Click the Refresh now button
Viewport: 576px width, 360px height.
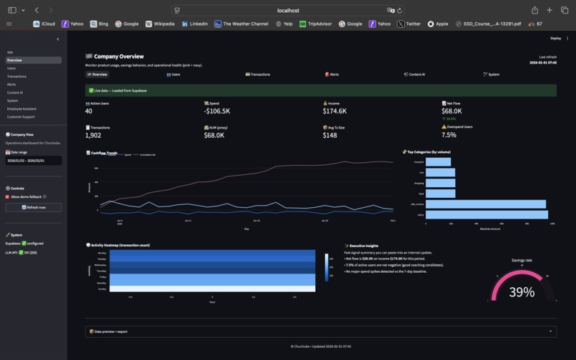(x=33, y=207)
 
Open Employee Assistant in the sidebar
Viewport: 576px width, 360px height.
(x=21, y=109)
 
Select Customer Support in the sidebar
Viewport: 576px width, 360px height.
(x=21, y=116)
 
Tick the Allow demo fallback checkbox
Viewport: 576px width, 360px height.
(x=8, y=196)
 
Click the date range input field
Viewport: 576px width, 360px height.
(x=33, y=161)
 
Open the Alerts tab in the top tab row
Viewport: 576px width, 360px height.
(x=332, y=74)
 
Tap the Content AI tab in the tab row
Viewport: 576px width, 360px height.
(x=414, y=74)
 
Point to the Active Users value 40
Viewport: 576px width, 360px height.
(x=89, y=111)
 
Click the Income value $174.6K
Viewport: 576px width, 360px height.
(x=334, y=111)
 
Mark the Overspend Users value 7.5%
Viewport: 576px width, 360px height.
(x=449, y=135)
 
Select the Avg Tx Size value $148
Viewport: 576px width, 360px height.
(x=329, y=135)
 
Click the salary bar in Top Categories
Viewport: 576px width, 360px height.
(x=487, y=214)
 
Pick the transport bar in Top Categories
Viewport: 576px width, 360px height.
(x=438, y=162)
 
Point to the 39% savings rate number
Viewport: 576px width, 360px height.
(x=522, y=292)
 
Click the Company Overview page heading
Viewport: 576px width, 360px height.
(x=119, y=56)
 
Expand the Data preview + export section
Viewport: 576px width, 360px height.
(x=320, y=331)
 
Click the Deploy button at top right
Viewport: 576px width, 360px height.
(x=555, y=39)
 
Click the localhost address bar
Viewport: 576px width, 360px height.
(x=288, y=11)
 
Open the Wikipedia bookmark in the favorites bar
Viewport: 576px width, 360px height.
(x=160, y=24)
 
